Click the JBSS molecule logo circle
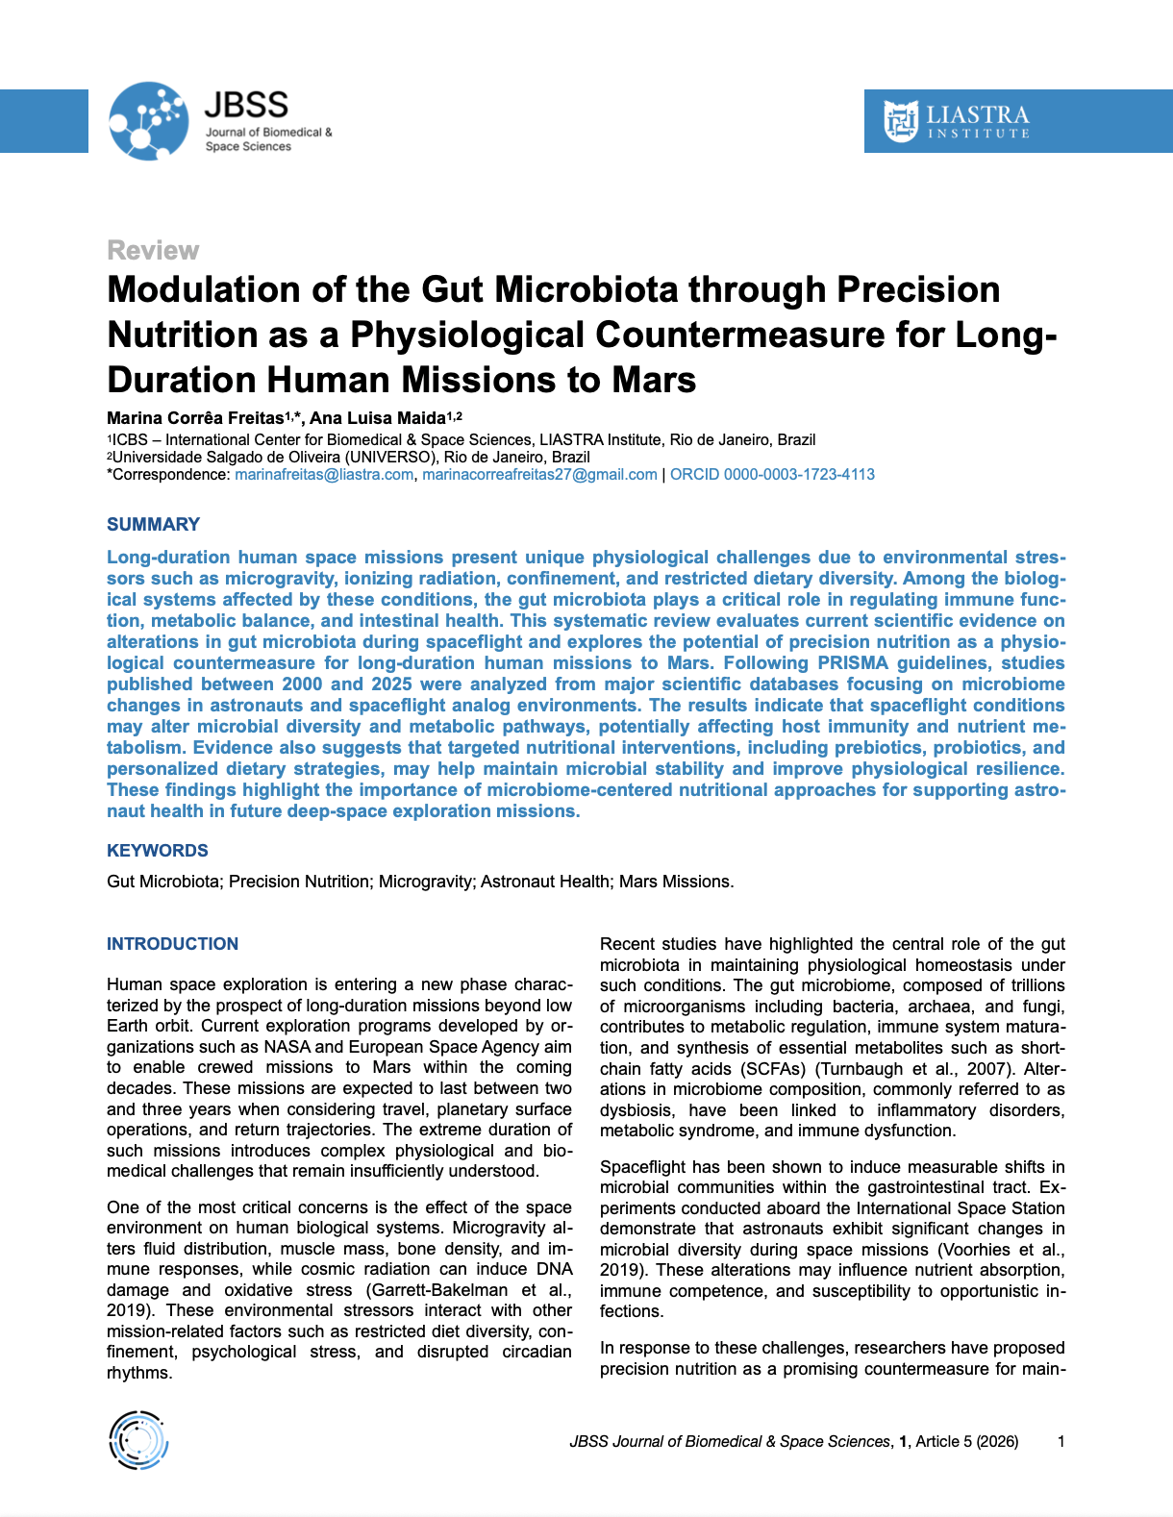(x=149, y=121)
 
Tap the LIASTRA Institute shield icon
(x=901, y=121)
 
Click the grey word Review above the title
(x=153, y=251)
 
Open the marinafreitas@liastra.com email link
(x=324, y=474)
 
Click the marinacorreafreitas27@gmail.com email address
(x=539, y=474)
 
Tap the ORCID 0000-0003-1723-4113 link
(x=772, y=474)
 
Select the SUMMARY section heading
(x=153, y=524)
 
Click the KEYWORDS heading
(x=157, y=851)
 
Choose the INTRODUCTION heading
(x=172, y=944)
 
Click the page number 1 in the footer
(x=1061, y=1441)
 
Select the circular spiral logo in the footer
(x=138, y=1440)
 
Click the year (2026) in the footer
(x=997, y=1441)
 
